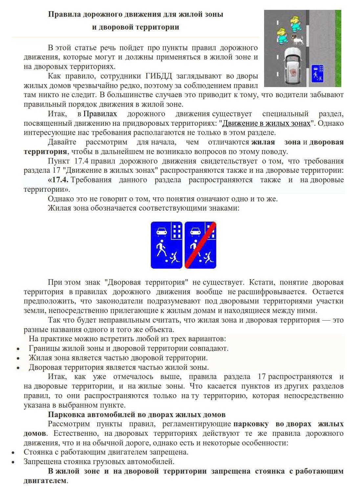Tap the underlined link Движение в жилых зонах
click(x=266, y=123)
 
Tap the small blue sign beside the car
click(x=317, y=73)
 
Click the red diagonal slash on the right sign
click(x=200, y=245)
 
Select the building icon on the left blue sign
click(x=177, y=231)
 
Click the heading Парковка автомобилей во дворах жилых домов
click(x=137, y=415)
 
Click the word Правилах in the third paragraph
click(x=100, y=114)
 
